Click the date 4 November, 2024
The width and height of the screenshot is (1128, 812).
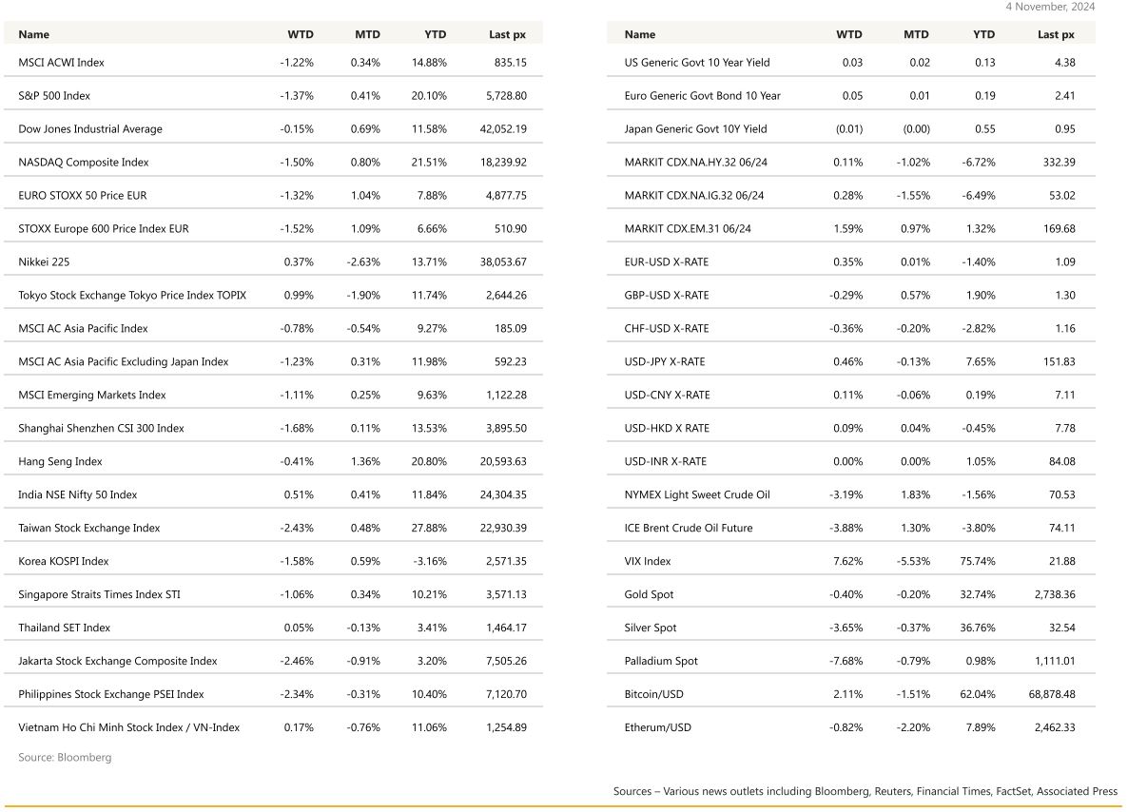pyautogui.click(x=1050, y=7)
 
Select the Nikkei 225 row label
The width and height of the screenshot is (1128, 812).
pyautogui.click(x=44, y=262)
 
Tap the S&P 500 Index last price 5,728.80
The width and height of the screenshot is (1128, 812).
pyautogui.click(x=503, y=96)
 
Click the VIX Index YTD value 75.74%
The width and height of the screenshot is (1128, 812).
pyautogui.click(x=978, y=562)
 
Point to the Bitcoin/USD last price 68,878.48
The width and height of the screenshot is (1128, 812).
pyautogui.click(x=1045, y=695)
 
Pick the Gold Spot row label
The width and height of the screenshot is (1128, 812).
pyautogui.click(x=649, y=595)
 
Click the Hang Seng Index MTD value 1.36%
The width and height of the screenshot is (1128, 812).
pyautogui.click(x=365, y=462)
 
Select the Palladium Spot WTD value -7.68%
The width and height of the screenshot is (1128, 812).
pyautogui.click(x=846, y=662)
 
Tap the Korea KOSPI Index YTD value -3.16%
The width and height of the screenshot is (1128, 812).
pyautogui.click(x=429, y=562)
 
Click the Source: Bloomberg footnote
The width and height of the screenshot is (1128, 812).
pyautogui.click(x=65, y=758)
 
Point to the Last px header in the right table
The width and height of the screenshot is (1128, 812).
pyautogui.click(x=1056, y=34)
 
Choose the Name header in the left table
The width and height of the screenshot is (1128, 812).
pyautogui.click(x=34, y=34)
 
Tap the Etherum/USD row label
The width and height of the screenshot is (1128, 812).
pyautogui.click(x=658, y=728)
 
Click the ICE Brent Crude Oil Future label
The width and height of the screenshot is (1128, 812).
pyautogui.click(x=689, y=529)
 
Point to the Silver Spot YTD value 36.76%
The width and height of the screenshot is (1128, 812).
pyautogui.click(x=978, y=628)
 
